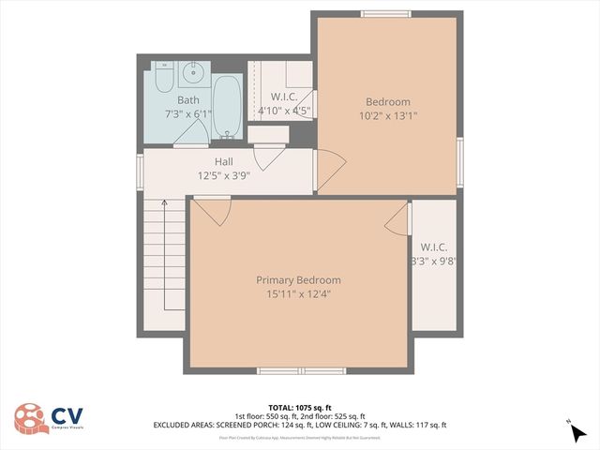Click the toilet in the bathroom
coord(162,75)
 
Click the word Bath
coord(188,100)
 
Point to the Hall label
coord(223,162)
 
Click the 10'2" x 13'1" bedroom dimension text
coord(387,115)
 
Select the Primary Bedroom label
coord(299,280)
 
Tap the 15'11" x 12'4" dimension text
coord(299,293)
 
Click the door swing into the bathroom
coord(192,135)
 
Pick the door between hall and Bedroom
coord(330,168)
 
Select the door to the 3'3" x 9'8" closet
coord(397,218)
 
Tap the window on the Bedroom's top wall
coord(386,13)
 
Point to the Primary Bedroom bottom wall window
coord(301,370)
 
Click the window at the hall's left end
coord(140,171)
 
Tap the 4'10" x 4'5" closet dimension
coord(285,111)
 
